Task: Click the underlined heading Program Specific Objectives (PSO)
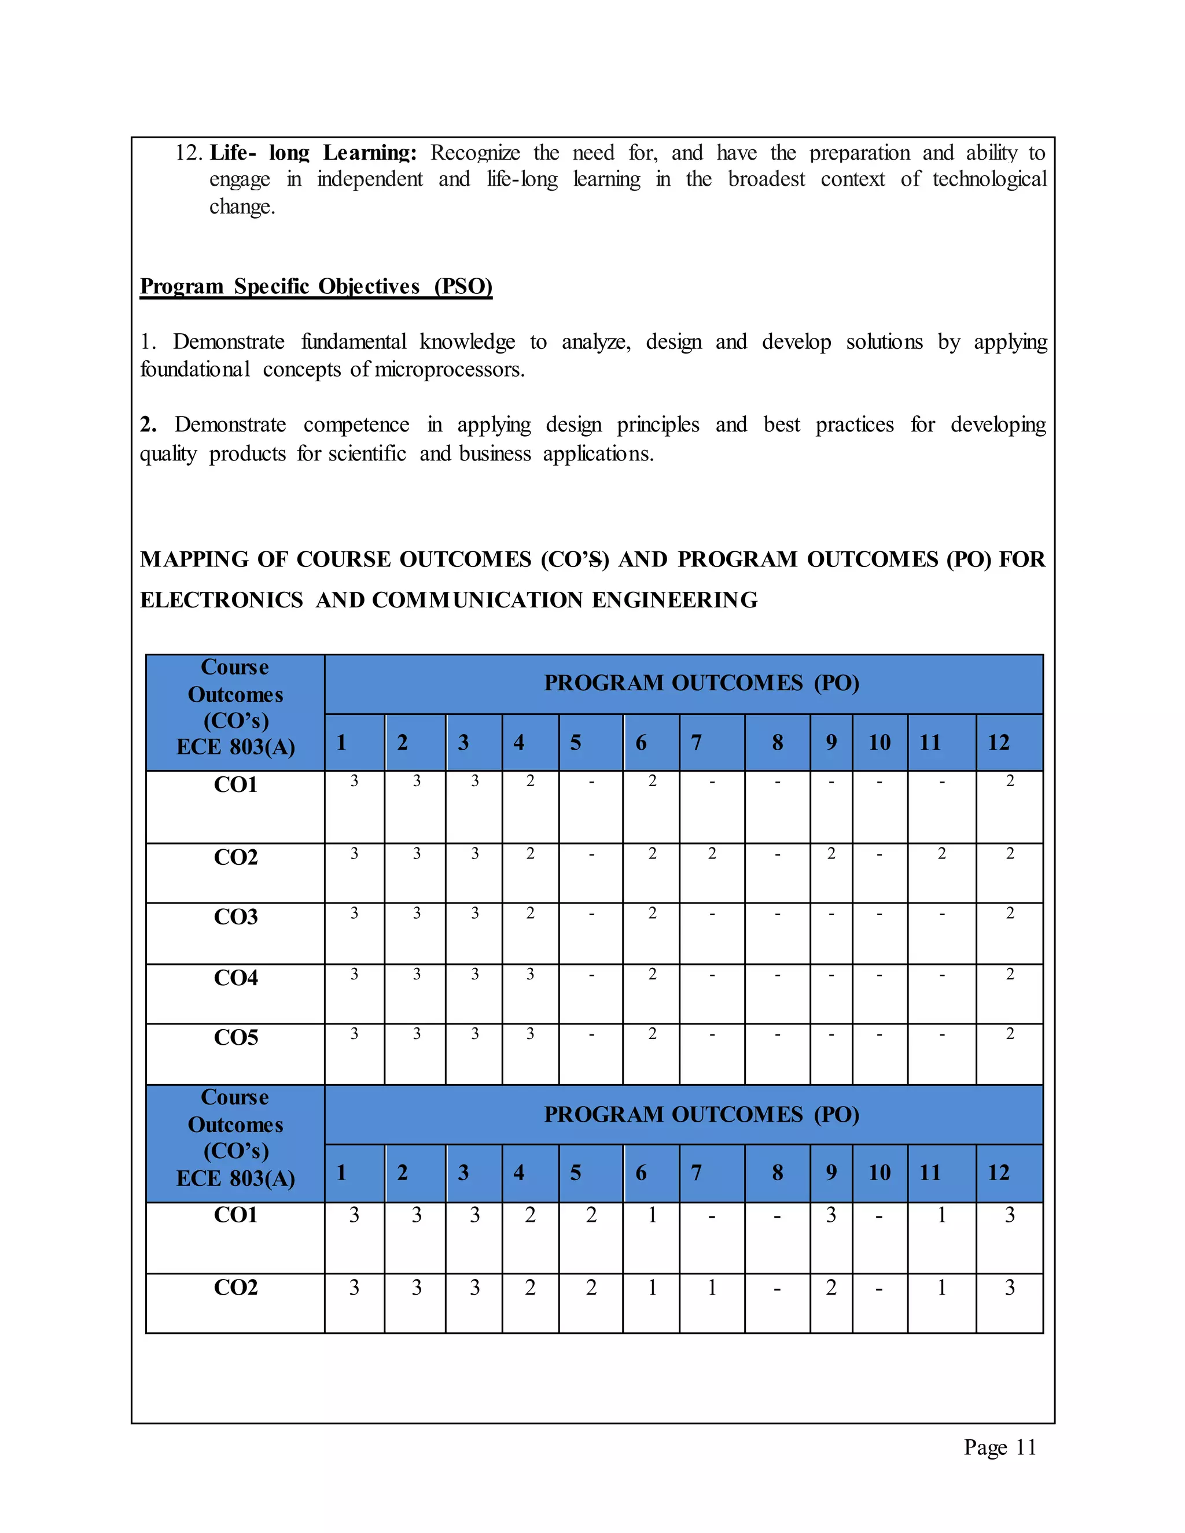pos(316,286)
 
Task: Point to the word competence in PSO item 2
pos(356,425)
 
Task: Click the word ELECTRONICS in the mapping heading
pos(221,600)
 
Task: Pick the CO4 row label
pos(236,978)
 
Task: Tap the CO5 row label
pos(236,1037)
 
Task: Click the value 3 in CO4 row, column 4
pos(530,974)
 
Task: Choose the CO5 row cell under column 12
pos(1010,1034)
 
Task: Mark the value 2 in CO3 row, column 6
pos(652,913)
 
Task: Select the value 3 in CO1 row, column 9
pos(831,1215)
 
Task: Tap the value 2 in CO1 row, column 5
pos(591,1215)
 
